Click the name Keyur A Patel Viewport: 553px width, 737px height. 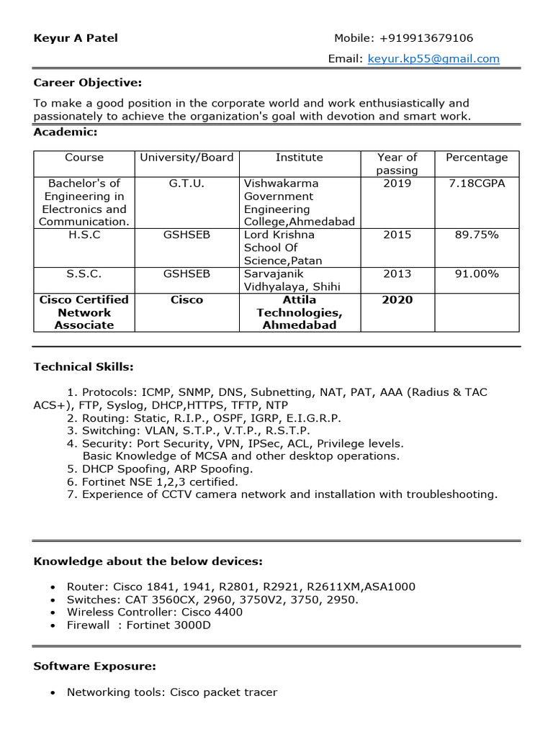coord(76,38)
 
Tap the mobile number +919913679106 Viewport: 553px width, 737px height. coord(426,38)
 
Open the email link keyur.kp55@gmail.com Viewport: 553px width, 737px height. coord(433,59)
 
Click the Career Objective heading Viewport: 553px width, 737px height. coord(88,83)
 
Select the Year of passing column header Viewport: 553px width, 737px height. coord(397,163)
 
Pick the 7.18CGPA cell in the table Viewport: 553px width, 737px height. coord(476,184)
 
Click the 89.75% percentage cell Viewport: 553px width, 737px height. coord(476,235)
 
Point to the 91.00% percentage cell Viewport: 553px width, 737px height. coord(476,273)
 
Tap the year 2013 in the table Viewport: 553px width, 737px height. coord(397,273)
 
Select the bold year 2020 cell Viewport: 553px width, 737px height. coord(397,299)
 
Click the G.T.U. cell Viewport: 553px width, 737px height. coord(186,184)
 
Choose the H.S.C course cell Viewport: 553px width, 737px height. coord(84,235)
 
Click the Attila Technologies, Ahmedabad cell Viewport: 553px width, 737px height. coord(300,312)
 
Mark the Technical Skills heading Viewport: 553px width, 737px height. coord(84,367)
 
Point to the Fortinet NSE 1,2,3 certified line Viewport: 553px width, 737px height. coord(159,481)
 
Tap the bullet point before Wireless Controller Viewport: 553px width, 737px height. coord(53,612)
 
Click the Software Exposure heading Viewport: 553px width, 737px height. coord(94,666)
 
